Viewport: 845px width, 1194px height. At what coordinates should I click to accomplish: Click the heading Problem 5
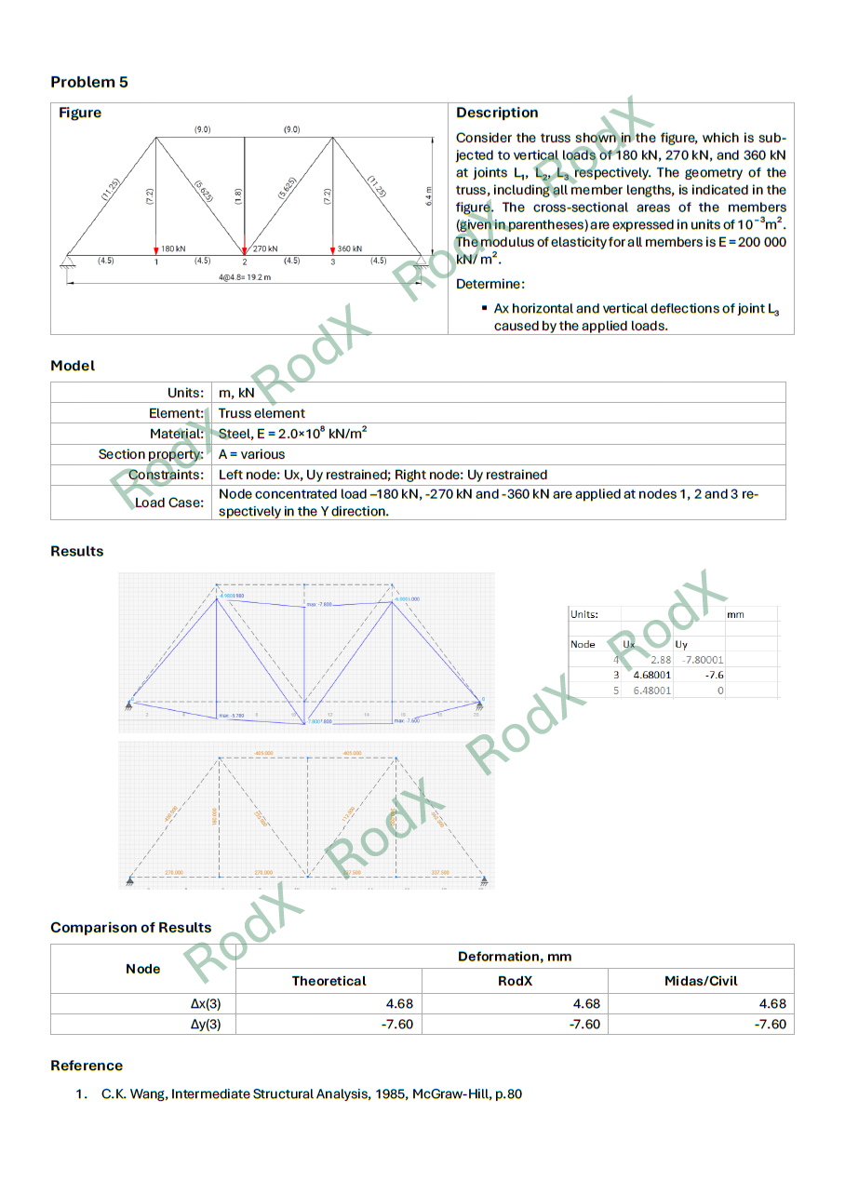click(x=89, y=82)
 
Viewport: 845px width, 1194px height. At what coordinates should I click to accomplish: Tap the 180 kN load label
click(x=173, y=249)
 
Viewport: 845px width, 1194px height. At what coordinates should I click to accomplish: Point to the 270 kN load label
click(x=267, y=249)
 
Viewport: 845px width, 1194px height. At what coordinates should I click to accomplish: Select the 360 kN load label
click(x=350, y=249)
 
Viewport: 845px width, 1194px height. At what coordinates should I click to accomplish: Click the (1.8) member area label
click(x=238, y=196)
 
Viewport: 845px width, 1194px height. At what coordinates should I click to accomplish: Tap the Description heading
click(x=497, y=113)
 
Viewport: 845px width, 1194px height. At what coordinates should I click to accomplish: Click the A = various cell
click(x=251, y=454)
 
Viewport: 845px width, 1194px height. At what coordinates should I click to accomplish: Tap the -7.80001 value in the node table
click(x=703, y=660)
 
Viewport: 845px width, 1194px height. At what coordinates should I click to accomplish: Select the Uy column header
click(x=681, y=644)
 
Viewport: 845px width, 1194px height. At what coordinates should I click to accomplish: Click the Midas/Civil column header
click(x=700, y=981)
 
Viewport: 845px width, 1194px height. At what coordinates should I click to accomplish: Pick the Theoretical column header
click(x=329, y=981)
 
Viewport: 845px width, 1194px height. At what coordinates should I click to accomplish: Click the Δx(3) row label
click(x=206, y=1003)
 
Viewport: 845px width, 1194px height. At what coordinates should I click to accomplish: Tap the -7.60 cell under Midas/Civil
click(x=770, y=1025)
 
